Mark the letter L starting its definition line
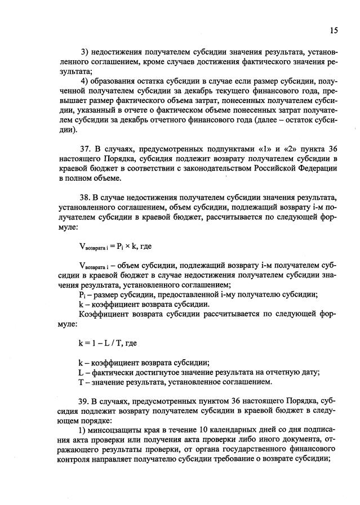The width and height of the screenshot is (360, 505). tap(81, 372)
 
